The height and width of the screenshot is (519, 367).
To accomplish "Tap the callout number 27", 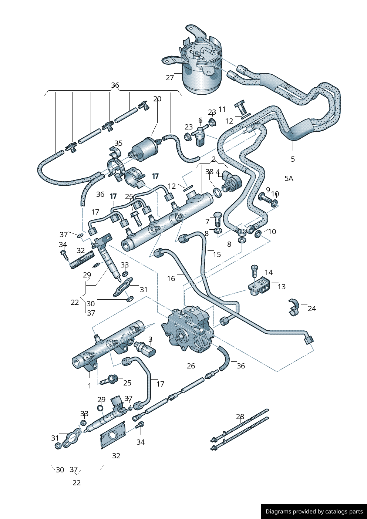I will point(170,78).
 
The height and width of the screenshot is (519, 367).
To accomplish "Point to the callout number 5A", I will point(289,178).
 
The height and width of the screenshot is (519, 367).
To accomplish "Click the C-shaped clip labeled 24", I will point(294,307).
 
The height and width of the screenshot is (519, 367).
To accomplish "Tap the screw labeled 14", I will point(254,271).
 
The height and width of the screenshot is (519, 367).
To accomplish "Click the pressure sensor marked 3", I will point(147,348).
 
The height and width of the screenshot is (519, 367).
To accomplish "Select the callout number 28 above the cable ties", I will point(240,417).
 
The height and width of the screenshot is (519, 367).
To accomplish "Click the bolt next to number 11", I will point(241,108).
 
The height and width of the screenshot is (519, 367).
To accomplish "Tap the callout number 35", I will point(118,143).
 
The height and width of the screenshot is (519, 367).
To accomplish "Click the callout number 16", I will point(171,279).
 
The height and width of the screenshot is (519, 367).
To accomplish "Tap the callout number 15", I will point(217,254).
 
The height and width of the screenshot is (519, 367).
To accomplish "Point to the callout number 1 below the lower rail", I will point(90,386).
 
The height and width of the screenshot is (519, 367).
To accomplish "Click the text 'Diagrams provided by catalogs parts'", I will point(314,512).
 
